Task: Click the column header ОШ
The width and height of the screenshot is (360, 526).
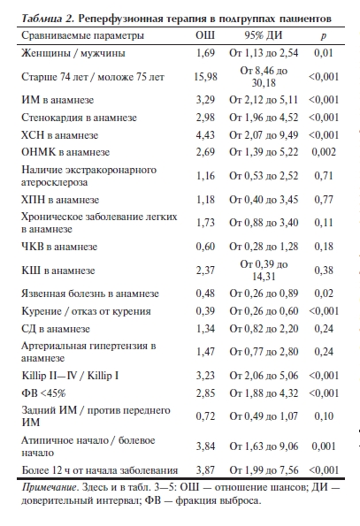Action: (204, 36)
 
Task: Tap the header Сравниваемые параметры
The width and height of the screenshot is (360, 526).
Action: (81, 36)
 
